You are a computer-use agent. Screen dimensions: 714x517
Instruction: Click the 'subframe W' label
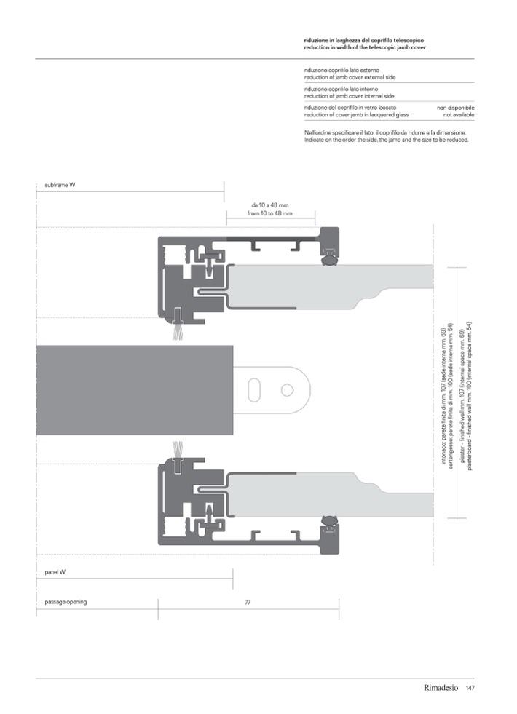(x=55, y=186)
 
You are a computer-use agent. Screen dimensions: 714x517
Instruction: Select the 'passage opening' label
(x=66, y=602)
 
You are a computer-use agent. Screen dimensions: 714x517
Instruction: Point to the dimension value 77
(x=248, y=603)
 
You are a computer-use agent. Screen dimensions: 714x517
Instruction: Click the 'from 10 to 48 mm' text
(x=269, y=214)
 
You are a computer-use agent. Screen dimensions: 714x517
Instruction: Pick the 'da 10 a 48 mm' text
(x=269, y=206)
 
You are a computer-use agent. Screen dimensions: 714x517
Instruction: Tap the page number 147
(x=470, y=689)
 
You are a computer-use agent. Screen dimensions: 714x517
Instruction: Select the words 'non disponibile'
(x=455, y=108)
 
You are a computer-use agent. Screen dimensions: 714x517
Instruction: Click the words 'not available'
(x=459, y=115)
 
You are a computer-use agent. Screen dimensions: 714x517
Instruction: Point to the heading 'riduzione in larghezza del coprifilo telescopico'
(x=363, y=39)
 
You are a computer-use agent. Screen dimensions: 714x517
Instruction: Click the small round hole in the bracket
(x=287, y=391)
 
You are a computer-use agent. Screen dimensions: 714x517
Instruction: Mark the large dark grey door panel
(x=135, y=390)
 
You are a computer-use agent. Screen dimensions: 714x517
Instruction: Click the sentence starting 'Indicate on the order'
(x=386, y=140)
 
